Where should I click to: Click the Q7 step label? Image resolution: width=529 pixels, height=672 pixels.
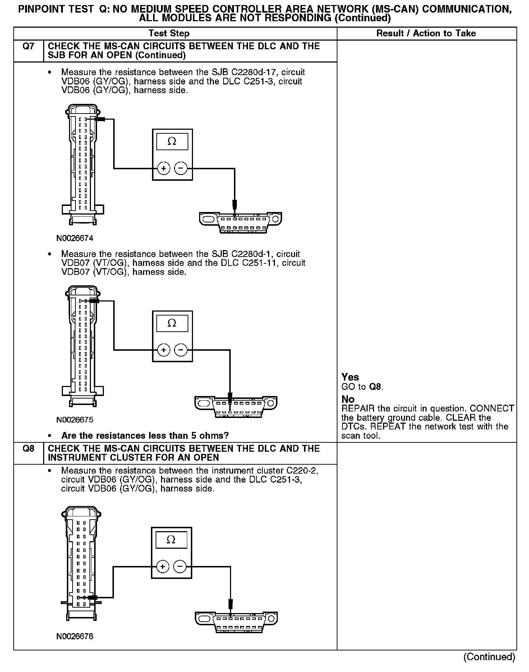tap(28, 46)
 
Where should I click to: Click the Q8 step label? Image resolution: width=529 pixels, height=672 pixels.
tap(28, 448)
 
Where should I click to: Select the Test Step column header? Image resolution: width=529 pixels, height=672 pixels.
tap(169, 33)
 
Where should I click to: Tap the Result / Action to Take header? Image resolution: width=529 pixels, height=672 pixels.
tap(426, 33)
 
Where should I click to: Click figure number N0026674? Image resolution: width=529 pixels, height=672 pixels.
tap(75, 238)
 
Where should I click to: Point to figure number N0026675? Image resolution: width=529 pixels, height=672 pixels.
tap(75, 420)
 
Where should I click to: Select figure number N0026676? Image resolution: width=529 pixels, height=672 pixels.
tap(75, 636)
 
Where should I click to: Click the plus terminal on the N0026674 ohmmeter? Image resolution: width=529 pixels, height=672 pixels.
tap(164, 168)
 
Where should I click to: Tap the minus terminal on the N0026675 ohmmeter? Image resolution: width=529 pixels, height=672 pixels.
tap(181, 350)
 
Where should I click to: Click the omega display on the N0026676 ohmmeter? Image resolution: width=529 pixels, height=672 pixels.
tap(171, 540)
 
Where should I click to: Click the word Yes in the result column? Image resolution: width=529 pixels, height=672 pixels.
tap(350, 377)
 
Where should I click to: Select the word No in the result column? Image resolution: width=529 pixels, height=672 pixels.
tap(348, 399)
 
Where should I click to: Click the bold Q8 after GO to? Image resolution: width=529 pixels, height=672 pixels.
tap(376, 387)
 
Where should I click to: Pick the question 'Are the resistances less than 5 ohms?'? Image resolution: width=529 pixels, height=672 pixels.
tap(145, 436)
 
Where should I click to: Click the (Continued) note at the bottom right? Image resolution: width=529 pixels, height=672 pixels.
tap(489, 657)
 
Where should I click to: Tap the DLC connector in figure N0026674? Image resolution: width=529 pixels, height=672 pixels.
tap(240, 222)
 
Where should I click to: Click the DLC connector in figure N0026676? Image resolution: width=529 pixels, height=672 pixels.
tap(236, 622)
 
